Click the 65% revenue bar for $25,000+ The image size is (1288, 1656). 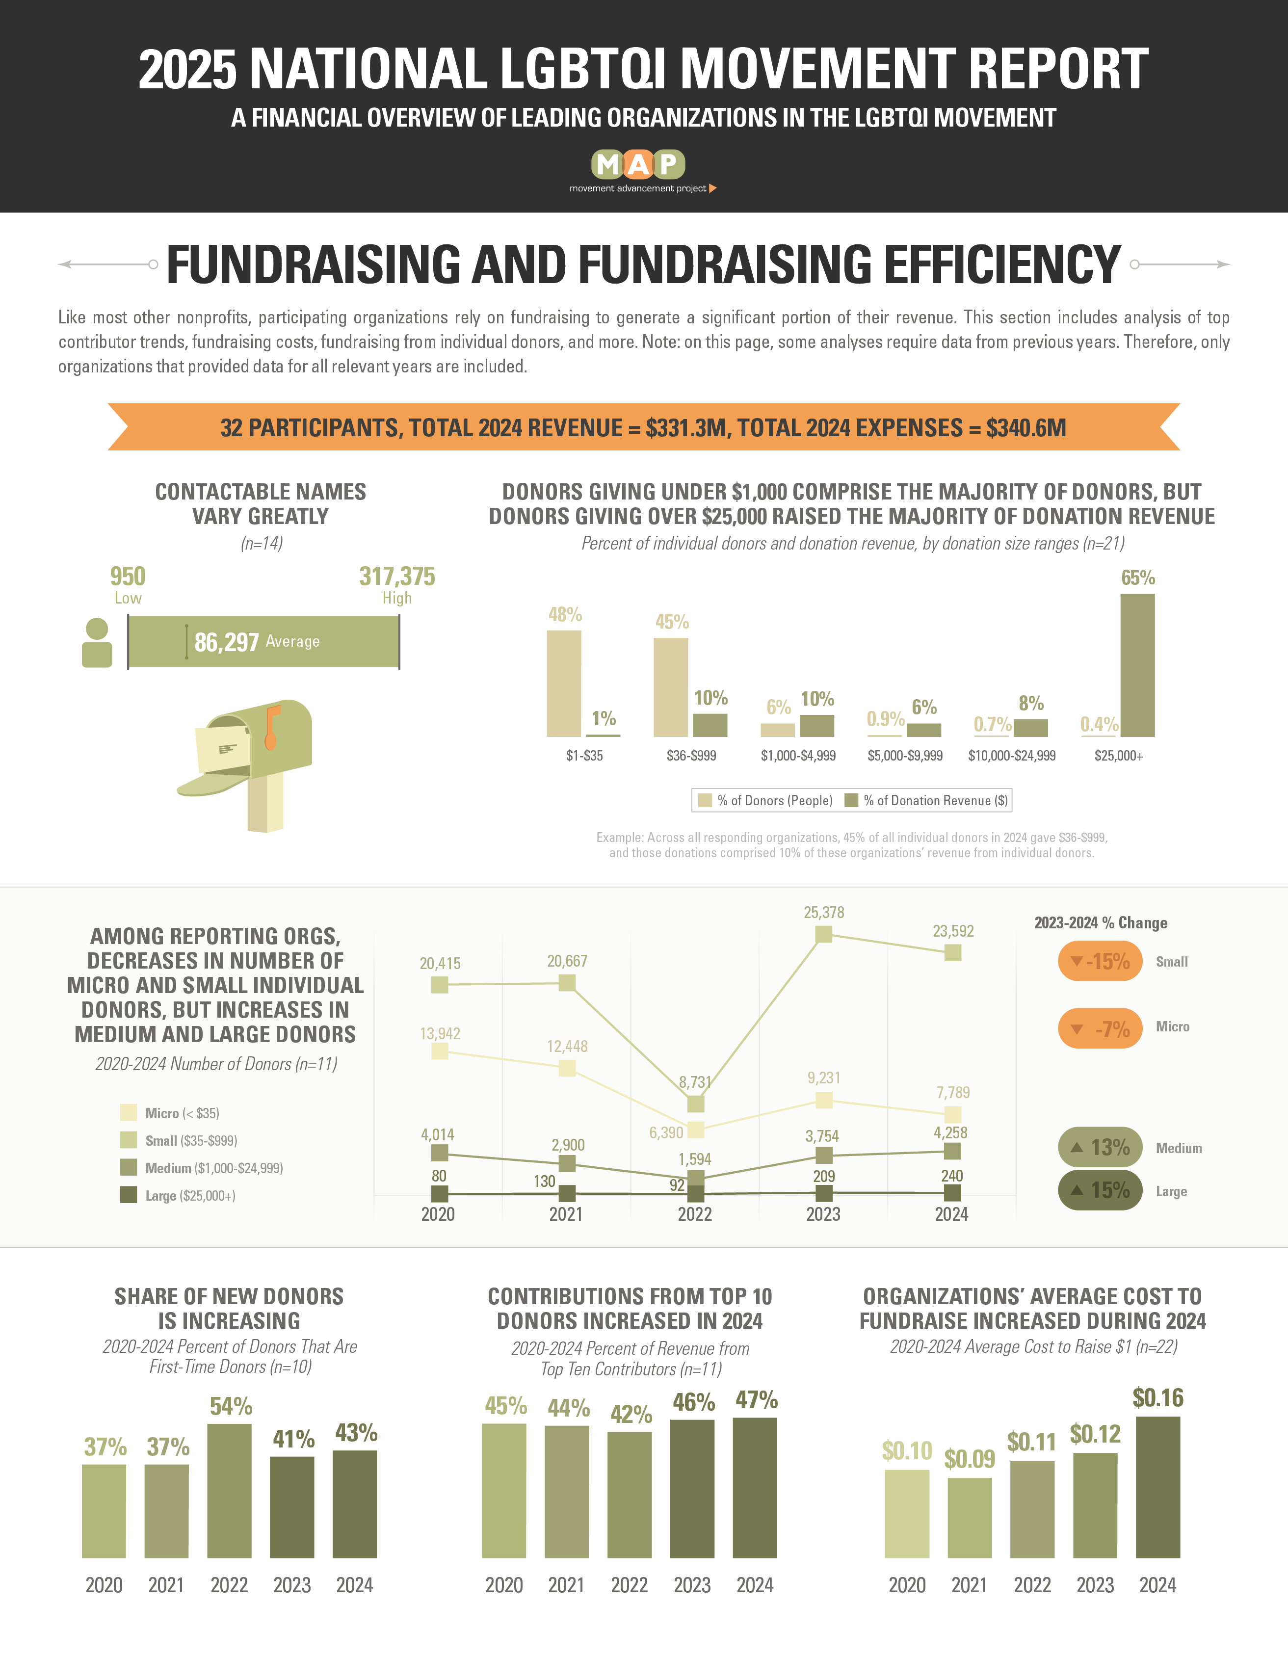click(x=1137, y=664)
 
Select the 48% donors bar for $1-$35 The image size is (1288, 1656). click(x=563, y=683)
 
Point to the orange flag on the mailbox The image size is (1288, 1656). click(x=271, y=726)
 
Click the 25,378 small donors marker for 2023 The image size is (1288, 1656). click(x=823, y=934)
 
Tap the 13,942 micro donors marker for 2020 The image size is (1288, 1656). click(x=439, y=1051)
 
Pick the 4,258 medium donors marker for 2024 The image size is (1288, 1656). click(x=952, y=1151)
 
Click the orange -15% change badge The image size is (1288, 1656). click(x=1099, y=961)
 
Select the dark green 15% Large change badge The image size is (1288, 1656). click(x=1099, y=1190)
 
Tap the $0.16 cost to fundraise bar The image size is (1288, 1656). click(x=1157, y=1488)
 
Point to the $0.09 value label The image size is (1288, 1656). click(x=969, y=1459)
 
